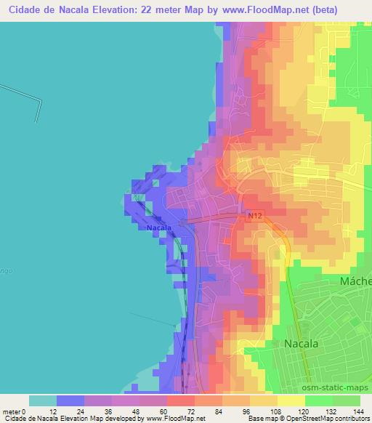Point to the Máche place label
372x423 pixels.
[355, 281]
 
